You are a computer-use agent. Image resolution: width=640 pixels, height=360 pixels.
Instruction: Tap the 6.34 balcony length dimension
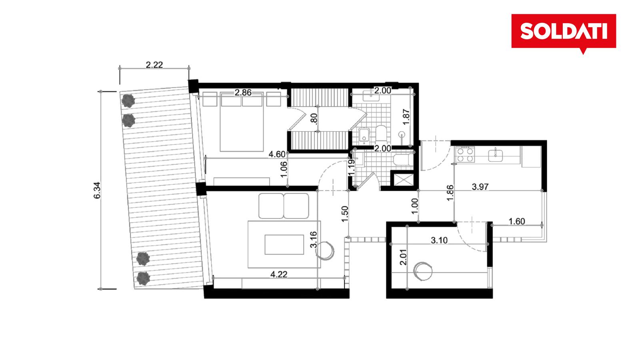(x=98, y=190)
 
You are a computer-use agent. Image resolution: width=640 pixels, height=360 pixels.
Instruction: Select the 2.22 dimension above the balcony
(x=154, y=65)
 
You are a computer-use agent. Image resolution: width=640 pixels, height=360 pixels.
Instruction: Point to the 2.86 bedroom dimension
(x=243, y=92)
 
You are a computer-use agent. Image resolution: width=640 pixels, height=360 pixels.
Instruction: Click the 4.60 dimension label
(x=277, y=154)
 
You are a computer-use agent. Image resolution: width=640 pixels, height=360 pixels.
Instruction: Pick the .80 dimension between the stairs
(x=314, y=119)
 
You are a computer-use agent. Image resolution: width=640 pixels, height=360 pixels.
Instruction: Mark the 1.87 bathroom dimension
(x=406, y=117)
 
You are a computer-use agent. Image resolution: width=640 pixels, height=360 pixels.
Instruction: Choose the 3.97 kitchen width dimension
(x=480, y=187)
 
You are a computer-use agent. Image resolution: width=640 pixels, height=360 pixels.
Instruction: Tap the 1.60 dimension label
(x=517, y=222)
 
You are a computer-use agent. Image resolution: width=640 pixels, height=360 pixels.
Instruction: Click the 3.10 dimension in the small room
(x=439, y=240)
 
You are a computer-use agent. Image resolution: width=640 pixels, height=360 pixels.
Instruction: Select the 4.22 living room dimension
(x=278, y=274)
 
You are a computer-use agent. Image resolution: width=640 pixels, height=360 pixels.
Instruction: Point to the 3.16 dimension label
(x=314, y=240)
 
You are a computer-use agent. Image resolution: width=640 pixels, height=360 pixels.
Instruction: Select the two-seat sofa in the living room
(x=284, y=206)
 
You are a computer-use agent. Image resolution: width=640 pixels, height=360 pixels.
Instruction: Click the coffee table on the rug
(x=284, y=244)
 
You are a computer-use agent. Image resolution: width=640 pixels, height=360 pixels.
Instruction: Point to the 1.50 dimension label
(x=345, y=214)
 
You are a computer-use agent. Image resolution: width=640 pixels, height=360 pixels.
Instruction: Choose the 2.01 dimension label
(x=403, y=257)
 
